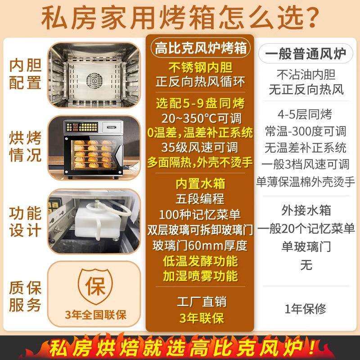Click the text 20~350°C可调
[x=200, y=118]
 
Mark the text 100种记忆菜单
[x=200, y=213]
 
